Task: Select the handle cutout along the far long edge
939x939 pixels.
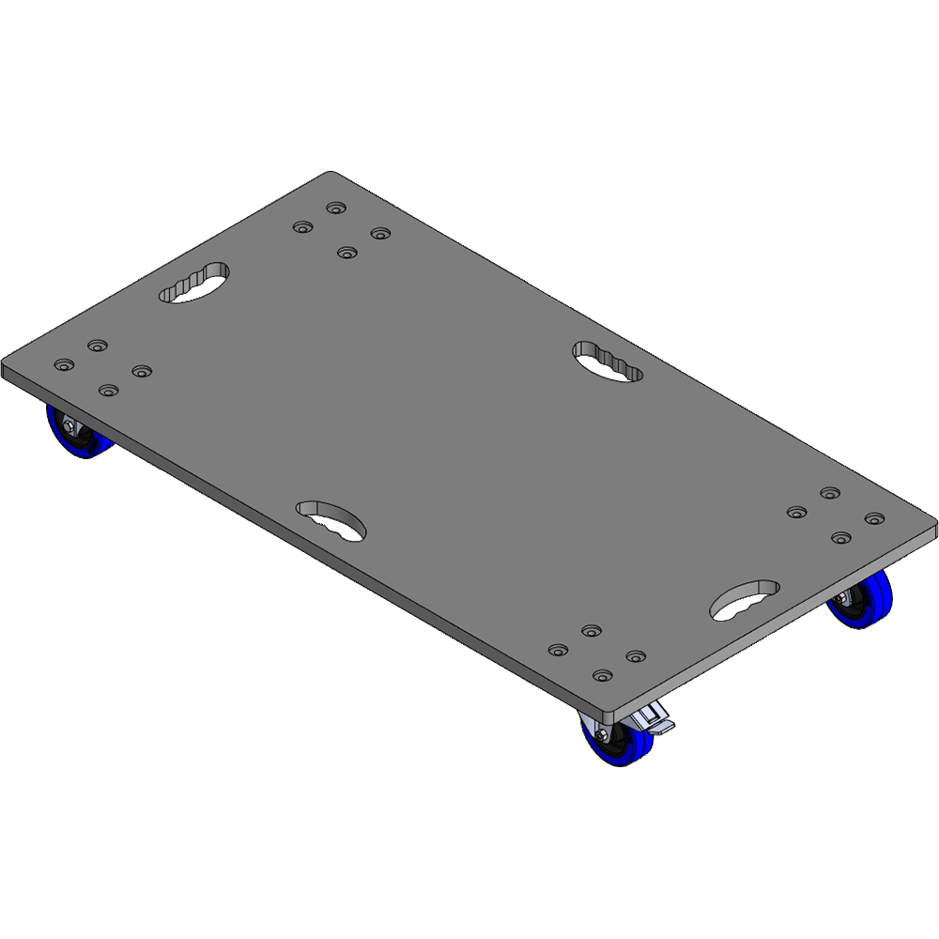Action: [608, 362]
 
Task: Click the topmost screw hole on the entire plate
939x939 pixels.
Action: [334, 208]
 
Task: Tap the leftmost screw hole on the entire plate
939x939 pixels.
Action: [64, 364]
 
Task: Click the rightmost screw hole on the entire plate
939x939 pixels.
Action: [874, 518]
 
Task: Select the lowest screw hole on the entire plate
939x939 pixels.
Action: [602, 675]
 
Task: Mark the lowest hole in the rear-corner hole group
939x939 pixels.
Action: [347, 253]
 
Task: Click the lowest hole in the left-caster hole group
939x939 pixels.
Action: [109, 390]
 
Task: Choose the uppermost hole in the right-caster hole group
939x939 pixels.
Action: [829, 493]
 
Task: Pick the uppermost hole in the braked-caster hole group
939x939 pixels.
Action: [591, 630]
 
